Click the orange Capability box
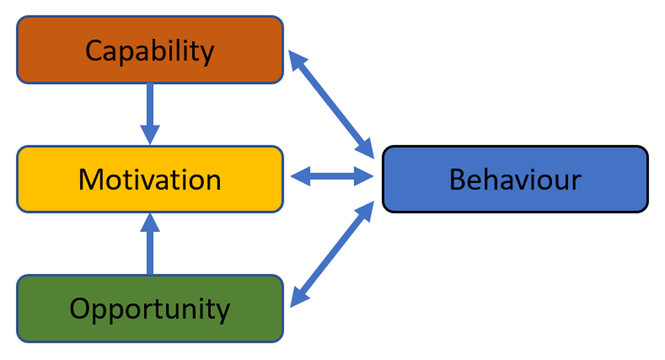(x=150, y=50)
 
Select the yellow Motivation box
(x=150, y=179)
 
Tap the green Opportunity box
(x=150, y=309)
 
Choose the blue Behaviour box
(x=515, y=179)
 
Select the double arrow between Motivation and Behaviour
(x=332, y=176)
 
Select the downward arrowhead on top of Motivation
(x=150, y=136)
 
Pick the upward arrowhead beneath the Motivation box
(x=150, y=222)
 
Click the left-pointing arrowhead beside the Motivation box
(x=300, y=176)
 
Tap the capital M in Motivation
(x=91, y=180)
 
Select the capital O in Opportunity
(x=80, y=309)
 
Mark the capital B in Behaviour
(x=458, y=180)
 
